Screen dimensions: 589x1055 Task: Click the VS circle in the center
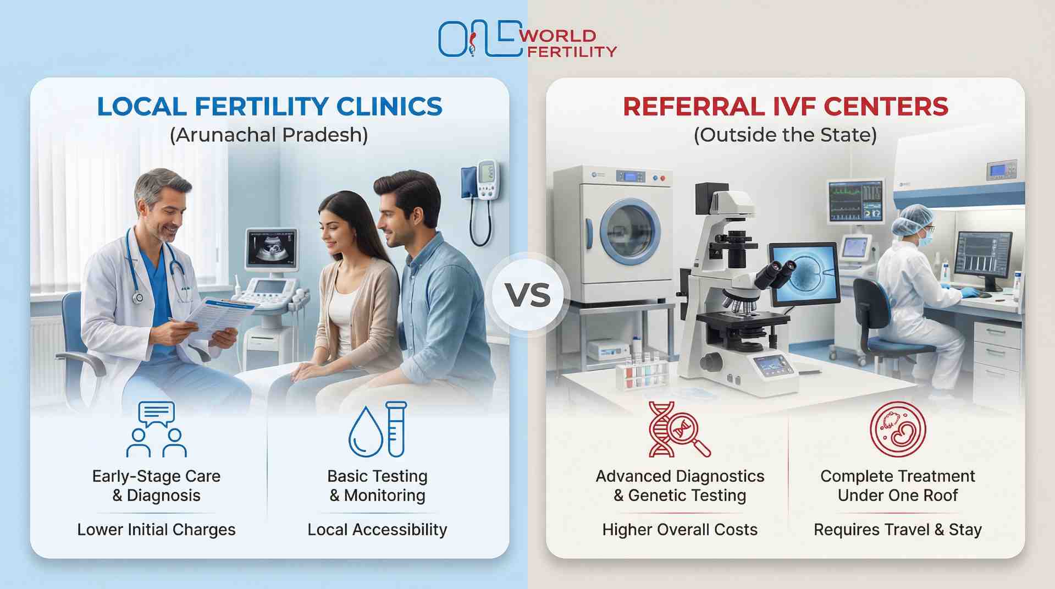[x=527, y=295]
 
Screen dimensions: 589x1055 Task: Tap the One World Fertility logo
[x=527, y=39]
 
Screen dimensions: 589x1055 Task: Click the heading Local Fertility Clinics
[x=269, y=107]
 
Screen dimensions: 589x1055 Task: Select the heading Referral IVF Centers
[x=785, y=107]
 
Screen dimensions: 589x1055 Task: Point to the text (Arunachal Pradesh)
[x=269, y=135]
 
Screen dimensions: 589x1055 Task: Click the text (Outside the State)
[x=785, y=135]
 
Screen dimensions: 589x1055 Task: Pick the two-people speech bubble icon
[x=157, y=430]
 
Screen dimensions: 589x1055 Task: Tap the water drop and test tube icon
[x=378, y=430]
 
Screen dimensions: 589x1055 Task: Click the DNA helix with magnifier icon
[x=678, y=430]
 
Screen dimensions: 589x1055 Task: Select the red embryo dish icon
[x=897, y=429]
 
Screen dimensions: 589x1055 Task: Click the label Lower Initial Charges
[x=156, y=530]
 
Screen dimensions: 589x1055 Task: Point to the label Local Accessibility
[x=377, y=530]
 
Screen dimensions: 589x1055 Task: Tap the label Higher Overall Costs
[x=680, y=530]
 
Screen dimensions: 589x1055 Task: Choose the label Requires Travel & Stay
[x=897, y=530]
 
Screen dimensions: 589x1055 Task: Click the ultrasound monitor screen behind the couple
[x=271, y=248]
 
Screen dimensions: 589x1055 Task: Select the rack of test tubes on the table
[x=642, y=371]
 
